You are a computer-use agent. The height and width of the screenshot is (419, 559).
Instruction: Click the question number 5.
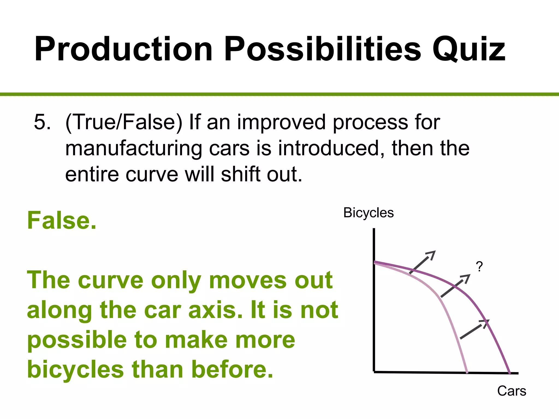(x=42, y=122)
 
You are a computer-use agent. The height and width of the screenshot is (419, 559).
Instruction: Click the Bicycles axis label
(x=368, y=213)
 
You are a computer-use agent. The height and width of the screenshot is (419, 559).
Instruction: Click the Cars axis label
(x=512, y=391)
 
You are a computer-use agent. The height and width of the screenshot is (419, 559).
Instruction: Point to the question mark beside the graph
(x=479, y=266)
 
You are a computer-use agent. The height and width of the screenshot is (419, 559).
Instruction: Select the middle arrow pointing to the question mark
(x=455, y=286)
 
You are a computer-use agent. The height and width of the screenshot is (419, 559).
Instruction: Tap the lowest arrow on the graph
(x=474, y=329)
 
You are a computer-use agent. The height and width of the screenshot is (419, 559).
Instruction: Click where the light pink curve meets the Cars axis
(x=467, y=372)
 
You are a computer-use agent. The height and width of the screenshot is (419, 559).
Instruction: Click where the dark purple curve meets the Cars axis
(x=509, y=373)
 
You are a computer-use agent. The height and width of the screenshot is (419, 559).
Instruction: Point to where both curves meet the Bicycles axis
(x=374, y=262)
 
